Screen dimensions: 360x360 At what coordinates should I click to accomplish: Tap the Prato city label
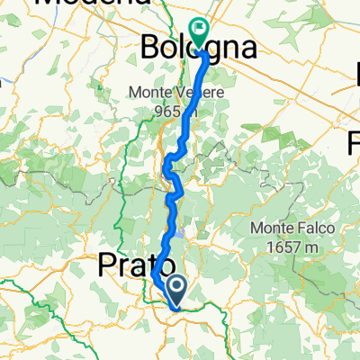[123, 265]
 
